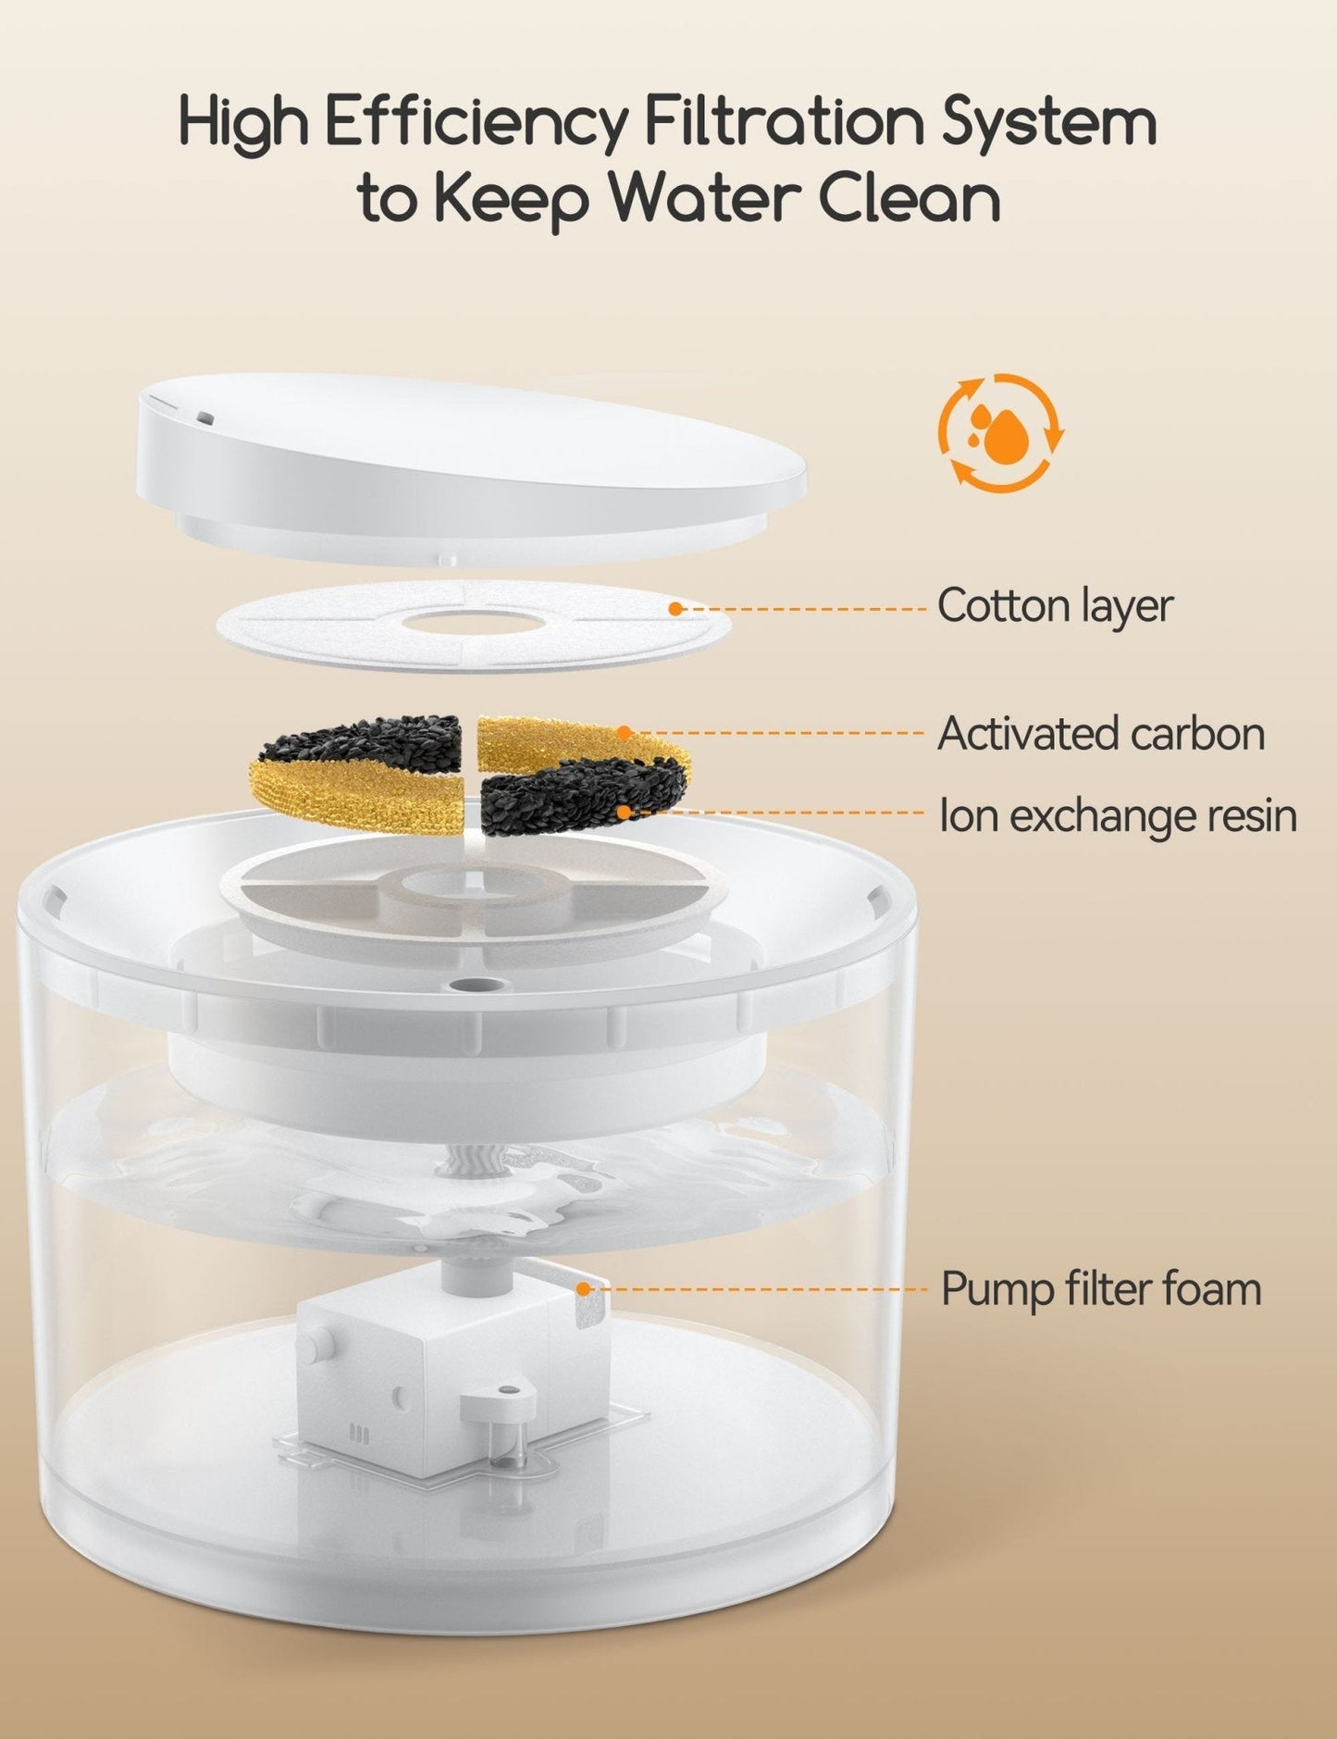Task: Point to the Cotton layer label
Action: (x=1055, y=606)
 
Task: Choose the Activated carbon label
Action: (x=1101, y=734)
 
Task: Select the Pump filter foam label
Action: (x=1101, y=1289)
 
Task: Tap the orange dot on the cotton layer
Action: (x=675, y=608)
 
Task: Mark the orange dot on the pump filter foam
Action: (x=583, y=1287)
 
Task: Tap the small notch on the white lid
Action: (x=204, y=418)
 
